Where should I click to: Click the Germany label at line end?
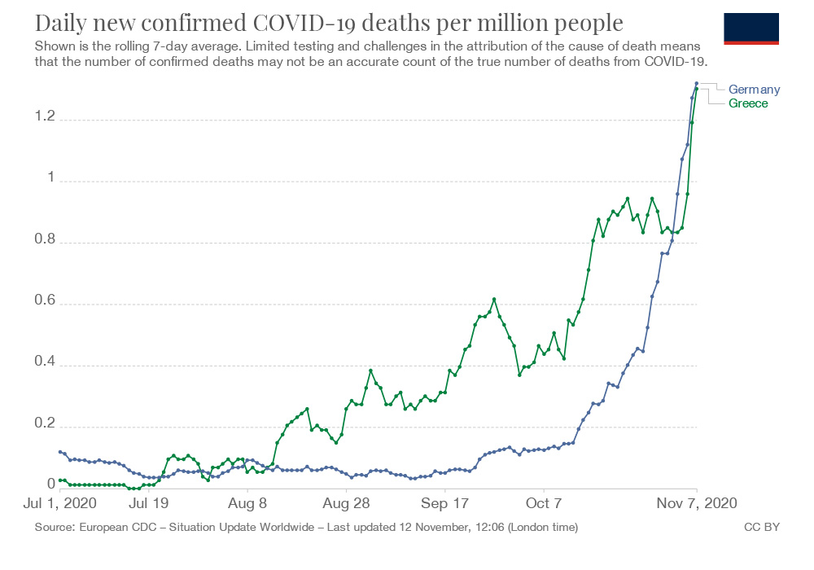754,90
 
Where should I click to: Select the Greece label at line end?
748,103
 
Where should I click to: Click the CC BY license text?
762,528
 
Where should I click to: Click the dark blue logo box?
751,28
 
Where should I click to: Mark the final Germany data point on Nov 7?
696,83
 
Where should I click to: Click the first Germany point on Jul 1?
60,451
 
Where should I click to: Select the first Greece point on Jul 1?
60,480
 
